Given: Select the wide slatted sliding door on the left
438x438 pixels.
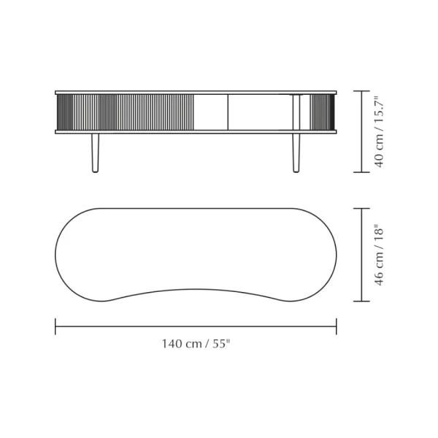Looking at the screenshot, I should pos(125,112).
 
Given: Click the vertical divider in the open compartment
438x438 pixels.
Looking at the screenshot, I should pos(228,112).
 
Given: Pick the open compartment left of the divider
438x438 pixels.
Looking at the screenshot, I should pos(211,112).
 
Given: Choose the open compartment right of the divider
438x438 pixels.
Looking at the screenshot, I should pos(259,112).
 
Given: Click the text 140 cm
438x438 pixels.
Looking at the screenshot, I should pos(181,344).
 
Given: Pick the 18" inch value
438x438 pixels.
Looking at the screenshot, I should pos(378,234).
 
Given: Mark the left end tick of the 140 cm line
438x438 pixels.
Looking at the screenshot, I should pos(55,326).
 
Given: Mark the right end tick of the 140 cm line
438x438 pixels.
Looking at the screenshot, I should pos(337,326).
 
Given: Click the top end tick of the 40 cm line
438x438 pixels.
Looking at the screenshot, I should pos(361,91).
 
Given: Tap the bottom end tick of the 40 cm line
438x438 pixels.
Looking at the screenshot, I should pos(361,172).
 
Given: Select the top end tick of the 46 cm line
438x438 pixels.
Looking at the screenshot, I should pos(361,208).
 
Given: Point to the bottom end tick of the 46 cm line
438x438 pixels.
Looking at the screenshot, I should pos(361,301).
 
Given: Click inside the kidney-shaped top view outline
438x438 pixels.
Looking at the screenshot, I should pos(196,252).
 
